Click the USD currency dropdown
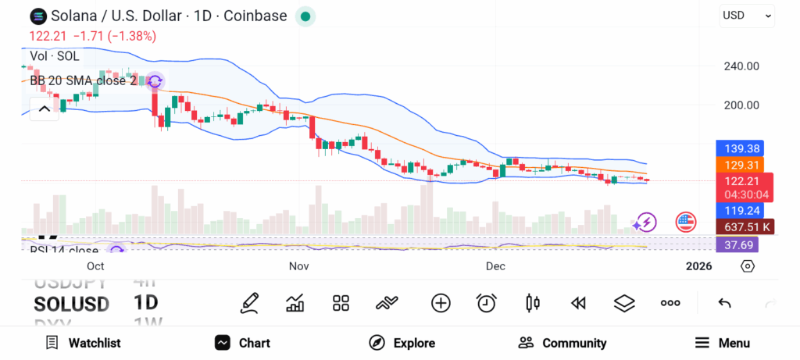[746, 15]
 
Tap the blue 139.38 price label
[739, 148]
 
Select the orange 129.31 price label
[739, 166]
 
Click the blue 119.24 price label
[739, 210]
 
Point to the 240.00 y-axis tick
[741, 66]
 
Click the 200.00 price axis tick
[741, 105]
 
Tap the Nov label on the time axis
[299, 266]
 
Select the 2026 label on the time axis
[698, 266]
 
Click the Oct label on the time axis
[95, 266]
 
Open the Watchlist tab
[83, 343]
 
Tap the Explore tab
[402, 343]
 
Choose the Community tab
[562, 343]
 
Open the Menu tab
[723, 343]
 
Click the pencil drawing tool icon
[250, 303]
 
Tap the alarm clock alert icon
[487, 303]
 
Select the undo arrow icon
[724, 303]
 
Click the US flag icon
[686, 223]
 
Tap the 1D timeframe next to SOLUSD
[146, 303]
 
